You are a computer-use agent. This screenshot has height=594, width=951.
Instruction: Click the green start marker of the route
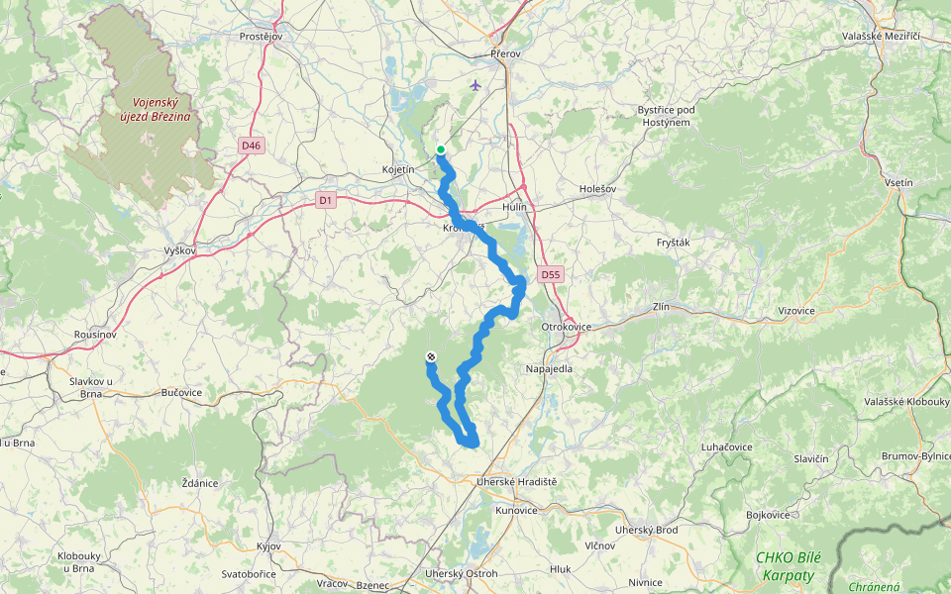440,150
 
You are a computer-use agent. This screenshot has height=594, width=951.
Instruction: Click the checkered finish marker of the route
430,356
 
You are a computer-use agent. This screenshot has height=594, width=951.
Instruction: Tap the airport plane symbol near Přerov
476,85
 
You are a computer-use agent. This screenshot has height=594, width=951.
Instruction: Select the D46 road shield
251,146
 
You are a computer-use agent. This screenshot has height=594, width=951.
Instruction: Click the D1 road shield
326,200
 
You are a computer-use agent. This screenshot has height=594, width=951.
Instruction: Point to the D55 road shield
551,273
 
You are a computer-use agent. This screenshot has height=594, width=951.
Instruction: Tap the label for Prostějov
262,36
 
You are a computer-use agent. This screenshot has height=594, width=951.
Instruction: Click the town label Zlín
662,307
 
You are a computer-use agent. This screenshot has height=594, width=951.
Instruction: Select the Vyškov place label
180,251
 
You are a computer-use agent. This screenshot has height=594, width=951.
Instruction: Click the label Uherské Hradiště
516,481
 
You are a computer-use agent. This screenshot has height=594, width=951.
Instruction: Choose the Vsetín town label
899,183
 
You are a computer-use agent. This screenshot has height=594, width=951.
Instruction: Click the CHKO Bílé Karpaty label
785,566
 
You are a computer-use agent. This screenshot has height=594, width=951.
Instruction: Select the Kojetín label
398,170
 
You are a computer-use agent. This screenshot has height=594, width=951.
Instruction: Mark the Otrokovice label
567,326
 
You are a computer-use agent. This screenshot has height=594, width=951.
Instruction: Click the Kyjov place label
268,546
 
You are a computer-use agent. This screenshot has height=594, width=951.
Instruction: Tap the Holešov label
597,188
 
